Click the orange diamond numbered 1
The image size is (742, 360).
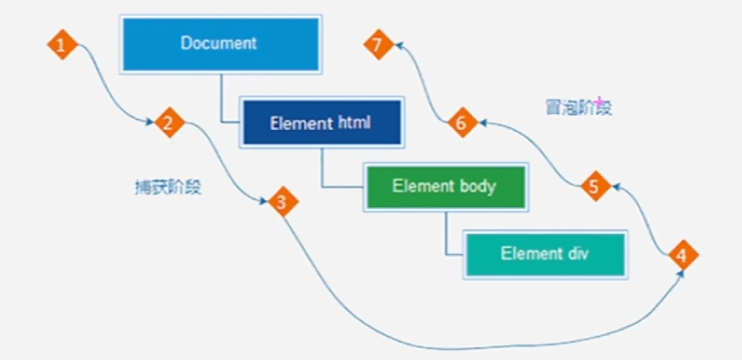point(62,45)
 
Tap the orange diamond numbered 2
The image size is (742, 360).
point(170,123)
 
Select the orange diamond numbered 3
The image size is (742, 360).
point(283,202)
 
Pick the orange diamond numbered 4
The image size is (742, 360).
point(683,255)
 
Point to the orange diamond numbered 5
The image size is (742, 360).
point(596,187)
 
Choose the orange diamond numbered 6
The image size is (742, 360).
point(463,123)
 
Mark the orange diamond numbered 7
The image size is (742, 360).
point(379,44)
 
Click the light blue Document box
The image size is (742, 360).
point(221,44)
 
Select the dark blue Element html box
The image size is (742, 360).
point(322,123)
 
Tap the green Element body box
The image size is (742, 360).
point(446,187)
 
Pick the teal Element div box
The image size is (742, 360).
point(545,254)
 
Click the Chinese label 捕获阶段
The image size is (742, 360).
point(169,188)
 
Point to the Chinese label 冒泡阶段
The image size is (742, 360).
point(578,108)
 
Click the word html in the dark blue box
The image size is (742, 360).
point(355,123)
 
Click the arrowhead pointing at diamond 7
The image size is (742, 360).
point(399,45)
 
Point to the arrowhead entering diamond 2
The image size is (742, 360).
point(150,123)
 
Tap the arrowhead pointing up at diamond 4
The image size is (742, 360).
point(682,275)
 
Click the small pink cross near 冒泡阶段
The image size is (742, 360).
point(599,101)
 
